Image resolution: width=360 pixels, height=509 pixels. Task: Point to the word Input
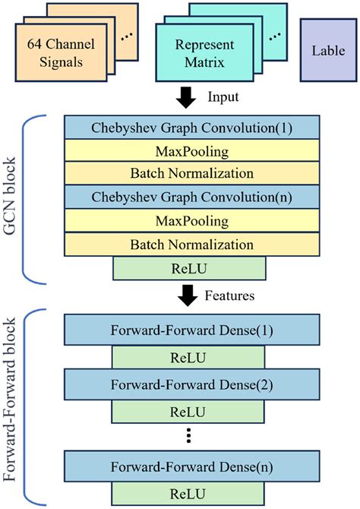pyautogui.click(x=223, y=98)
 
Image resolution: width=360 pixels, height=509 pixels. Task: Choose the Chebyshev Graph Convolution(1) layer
pyautogui.click(x=188, y=126)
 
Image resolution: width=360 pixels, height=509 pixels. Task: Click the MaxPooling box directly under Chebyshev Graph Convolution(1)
pyautogui.click(x=188, y=150)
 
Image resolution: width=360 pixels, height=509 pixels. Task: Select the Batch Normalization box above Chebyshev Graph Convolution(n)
pyautogui.click(x=188, y=173)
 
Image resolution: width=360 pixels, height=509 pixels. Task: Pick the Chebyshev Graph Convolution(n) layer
pyautogui.click(x=188, y=197)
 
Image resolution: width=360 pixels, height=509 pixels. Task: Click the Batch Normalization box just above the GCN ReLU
pyautogui.click(x=188, y=244)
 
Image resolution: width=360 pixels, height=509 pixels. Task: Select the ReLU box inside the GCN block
pyautogui.click(x=188, y=268)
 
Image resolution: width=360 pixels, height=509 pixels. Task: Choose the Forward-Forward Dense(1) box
pyautogui.click(x=188, y=330)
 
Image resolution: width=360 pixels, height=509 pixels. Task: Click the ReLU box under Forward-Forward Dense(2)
pyautogui.click(x=188, y=413)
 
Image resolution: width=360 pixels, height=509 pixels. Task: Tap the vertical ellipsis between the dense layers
pyautogui.click(x=188, y=436)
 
